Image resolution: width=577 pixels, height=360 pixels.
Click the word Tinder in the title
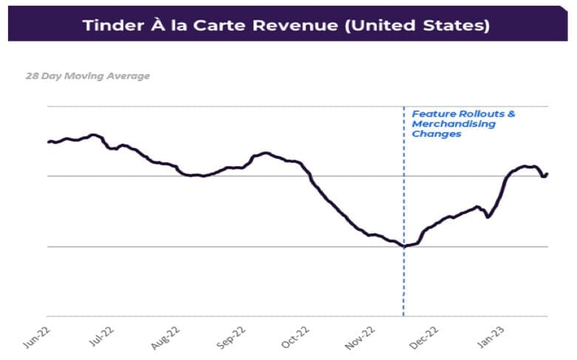[x=112, y=25]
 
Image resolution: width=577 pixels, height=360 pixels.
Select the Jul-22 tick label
[x=102, y=333]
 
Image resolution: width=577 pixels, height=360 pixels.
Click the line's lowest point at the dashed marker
[x=403, y=246]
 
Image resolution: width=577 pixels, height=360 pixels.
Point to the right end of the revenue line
[x=547, y=174]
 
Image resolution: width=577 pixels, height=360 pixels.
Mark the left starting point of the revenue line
[x=48, y=142]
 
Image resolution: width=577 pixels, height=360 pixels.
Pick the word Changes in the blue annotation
[x=436, y=135]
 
